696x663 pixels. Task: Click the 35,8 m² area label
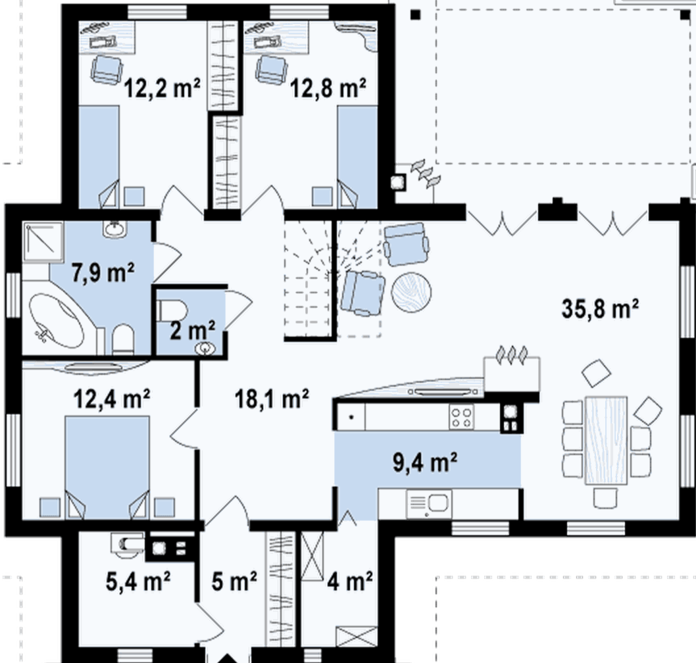click(x=600, y=308)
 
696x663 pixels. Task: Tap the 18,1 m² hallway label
click(x=272, y=398)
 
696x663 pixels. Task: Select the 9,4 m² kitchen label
click(x=425, y=462)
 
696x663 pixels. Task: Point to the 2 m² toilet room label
click(x=192, y=330)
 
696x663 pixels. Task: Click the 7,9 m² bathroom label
click(x=103, y=272)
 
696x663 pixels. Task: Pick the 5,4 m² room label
click(x=138, y=581)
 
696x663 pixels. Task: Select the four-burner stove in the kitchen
click(x=461, y=417)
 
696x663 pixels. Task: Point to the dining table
click(x=606, y=440)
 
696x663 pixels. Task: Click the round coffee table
click(x=411, y=293)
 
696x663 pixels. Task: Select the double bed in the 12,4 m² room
click(x=107, y=467)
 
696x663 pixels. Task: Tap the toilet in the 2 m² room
click(x=172, y=310)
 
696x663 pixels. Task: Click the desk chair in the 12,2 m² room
click(x=107, y=70)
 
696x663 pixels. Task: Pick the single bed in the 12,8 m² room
click(x=357, y=157)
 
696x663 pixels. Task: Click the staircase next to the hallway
click(x=332, y=280)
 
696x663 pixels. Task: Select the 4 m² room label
click(x=349, y=581)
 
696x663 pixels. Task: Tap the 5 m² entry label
click(x=234, y=581)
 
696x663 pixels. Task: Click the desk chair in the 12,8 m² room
click(x=271, y=70)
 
